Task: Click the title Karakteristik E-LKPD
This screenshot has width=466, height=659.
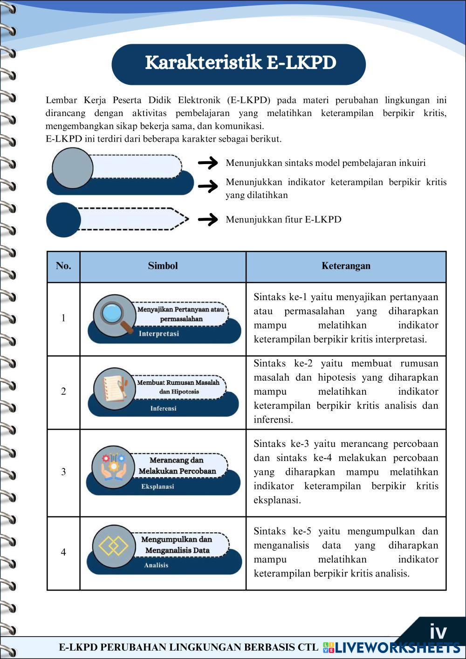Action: click(x=240, y=63)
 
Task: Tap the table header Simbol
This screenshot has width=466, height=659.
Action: click(x=163, y=266)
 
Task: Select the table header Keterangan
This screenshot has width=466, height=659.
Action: click(x=346, y=266)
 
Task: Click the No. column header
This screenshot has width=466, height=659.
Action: click(x=63, y=266)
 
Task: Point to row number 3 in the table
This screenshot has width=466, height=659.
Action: click(x=63, y=472)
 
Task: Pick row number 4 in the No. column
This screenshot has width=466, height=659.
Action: click(x=63, y=552)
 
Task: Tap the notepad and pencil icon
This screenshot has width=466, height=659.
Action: click(x=114, y=389)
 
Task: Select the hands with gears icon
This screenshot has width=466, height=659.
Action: click(x=113, y=467)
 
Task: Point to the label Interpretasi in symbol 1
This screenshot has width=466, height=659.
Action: click(x=159, y=334)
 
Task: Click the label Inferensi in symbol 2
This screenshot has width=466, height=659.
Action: click(x=163, y=409)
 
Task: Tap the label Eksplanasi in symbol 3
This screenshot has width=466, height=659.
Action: click(x=158, y=487)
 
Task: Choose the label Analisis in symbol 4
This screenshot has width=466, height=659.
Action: click(x=156, y=565)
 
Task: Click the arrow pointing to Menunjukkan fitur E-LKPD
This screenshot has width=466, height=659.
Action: click(x=208, y=219)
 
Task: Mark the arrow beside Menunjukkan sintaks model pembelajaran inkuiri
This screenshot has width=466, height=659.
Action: click(x=208, y=163)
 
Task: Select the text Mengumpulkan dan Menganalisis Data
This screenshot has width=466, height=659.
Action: click(x=177, y=545)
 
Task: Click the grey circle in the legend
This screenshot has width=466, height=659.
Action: click(x=72, y=168)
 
